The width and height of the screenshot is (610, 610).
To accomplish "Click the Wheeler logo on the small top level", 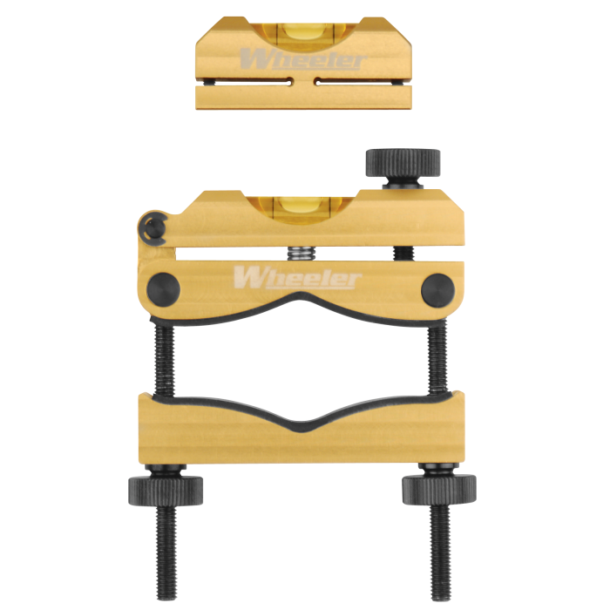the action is (302, 59).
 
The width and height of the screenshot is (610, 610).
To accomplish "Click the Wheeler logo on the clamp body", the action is (298, 278).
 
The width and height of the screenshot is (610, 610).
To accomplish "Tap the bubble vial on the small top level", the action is (304, 35).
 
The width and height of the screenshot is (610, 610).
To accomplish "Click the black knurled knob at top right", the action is (403, 163).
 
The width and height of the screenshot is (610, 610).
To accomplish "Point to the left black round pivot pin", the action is (164, 289).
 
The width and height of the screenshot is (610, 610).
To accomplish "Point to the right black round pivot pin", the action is (437, 290).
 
